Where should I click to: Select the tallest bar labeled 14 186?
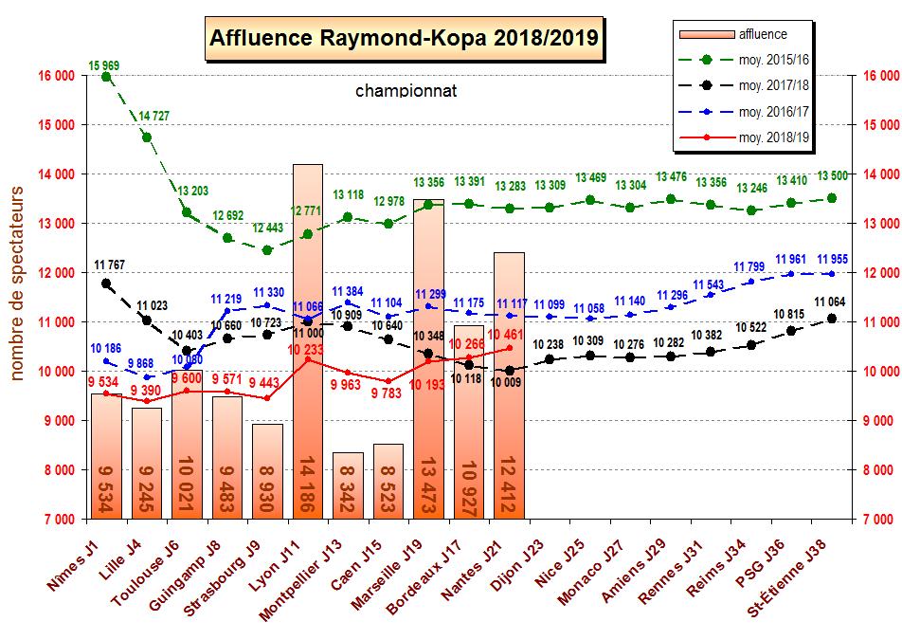coord(307,341)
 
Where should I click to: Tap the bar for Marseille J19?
coord(428,360)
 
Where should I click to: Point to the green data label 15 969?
coord(106,64)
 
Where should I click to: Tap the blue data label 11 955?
coord(832,259)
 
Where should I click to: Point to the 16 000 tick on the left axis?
coord(58,76)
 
